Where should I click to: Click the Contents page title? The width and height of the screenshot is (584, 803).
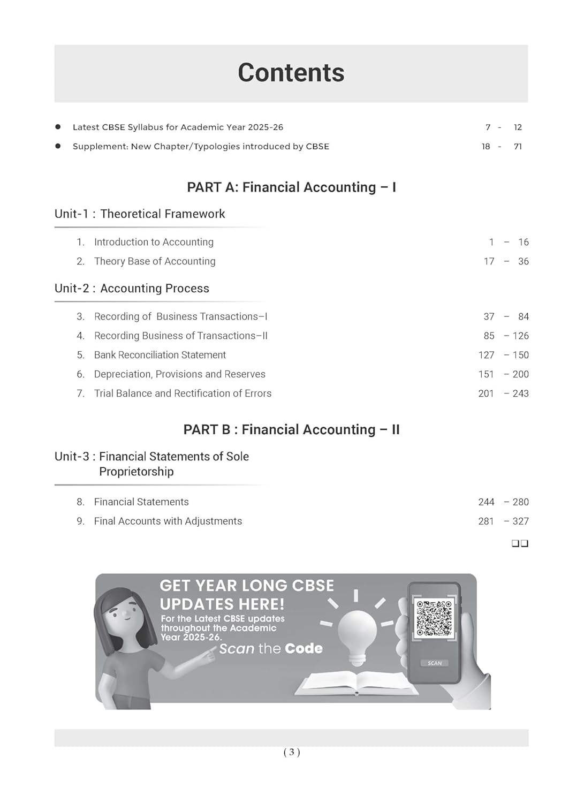291,73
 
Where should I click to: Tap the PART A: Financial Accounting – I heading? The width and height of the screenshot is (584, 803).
291,187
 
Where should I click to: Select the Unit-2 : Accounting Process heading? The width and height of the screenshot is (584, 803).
132,289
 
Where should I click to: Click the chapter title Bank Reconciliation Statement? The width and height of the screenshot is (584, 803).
160,355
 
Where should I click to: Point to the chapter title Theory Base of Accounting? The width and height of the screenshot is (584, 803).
155,261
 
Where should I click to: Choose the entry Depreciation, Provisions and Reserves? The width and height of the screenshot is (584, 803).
179,374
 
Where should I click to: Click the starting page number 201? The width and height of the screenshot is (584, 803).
486,393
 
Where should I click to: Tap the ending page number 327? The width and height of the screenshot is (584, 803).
520,521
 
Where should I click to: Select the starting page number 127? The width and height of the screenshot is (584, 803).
486,355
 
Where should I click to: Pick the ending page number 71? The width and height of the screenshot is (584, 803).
518,147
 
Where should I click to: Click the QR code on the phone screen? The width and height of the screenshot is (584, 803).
434,618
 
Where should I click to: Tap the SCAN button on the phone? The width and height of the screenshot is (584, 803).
435,663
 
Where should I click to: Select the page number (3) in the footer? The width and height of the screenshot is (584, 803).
292,752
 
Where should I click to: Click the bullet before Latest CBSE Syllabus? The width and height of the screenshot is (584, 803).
58,127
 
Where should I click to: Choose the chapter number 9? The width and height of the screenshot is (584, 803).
80,521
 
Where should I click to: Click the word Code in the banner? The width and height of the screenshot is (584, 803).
304,649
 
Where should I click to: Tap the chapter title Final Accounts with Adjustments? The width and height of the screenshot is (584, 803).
168,521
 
